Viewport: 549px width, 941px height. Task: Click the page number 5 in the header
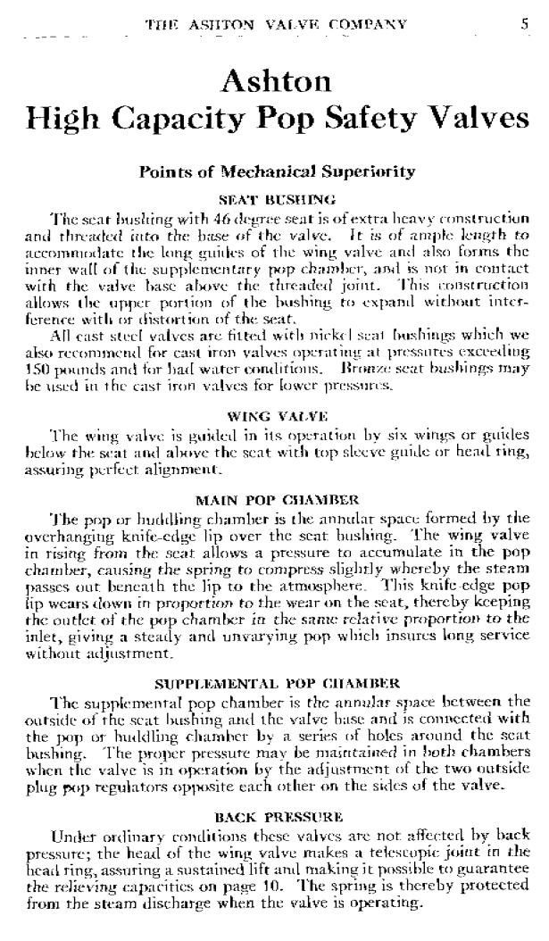point(525,24)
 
